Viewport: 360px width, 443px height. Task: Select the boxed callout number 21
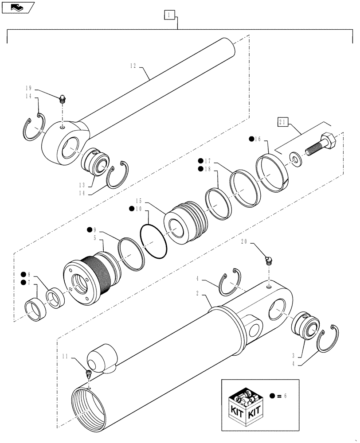283,121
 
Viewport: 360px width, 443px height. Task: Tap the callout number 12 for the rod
133,66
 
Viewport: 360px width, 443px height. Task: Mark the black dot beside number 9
90,229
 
